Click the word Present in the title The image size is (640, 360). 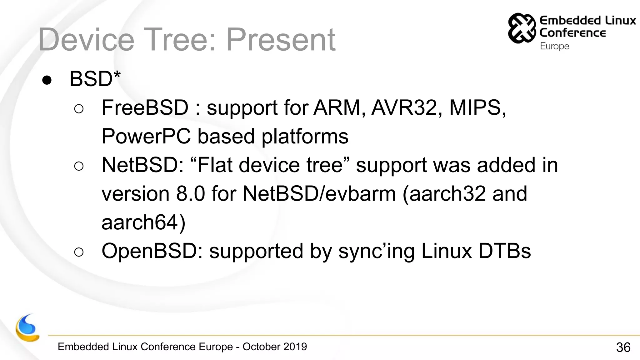pos(281,40)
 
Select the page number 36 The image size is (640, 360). pos(623,347)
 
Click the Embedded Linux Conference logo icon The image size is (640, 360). pos(522,28)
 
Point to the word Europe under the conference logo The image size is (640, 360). pos(554,46)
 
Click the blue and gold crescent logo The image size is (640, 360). pos(27,328)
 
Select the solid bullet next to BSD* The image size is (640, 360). pos(47,80)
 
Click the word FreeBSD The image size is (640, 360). pos(145,107)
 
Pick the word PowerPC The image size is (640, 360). pos(146,136)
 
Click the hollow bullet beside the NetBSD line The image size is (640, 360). pos(79,166)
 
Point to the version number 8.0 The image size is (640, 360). pos(190,194)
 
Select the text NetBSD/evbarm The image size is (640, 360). pos(319,194)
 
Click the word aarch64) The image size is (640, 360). pos(143,222)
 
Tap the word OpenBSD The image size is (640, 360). pos(152,251)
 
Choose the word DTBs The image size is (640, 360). pos(504,251)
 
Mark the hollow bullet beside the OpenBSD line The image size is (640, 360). pos(79,252)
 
